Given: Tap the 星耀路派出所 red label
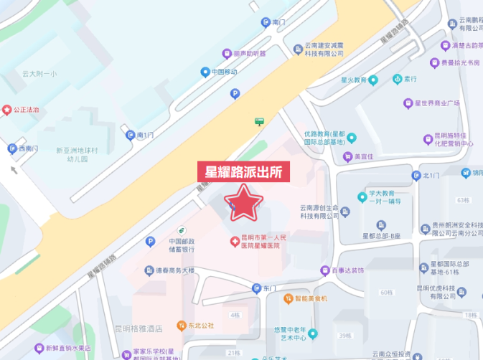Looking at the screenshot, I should point(243,172).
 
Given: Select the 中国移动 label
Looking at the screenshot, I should point(225,72).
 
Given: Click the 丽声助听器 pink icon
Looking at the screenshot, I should point(226,53).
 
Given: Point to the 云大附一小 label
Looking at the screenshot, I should point(39,73).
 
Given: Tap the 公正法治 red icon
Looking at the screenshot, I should point(7,110).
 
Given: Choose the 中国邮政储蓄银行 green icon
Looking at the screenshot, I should point(182,229).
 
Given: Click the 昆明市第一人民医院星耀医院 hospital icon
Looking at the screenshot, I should point(233,242).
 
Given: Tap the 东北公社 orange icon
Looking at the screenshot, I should point(181,325).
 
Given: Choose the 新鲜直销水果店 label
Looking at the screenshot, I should point(70,349).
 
